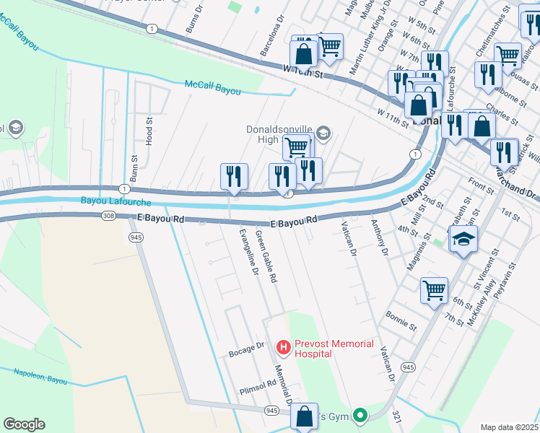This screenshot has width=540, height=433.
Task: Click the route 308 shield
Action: tap(108, 216)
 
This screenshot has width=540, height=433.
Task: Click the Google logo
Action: tap(24, 424)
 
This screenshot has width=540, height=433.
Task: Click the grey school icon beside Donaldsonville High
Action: tap(323, 132)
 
